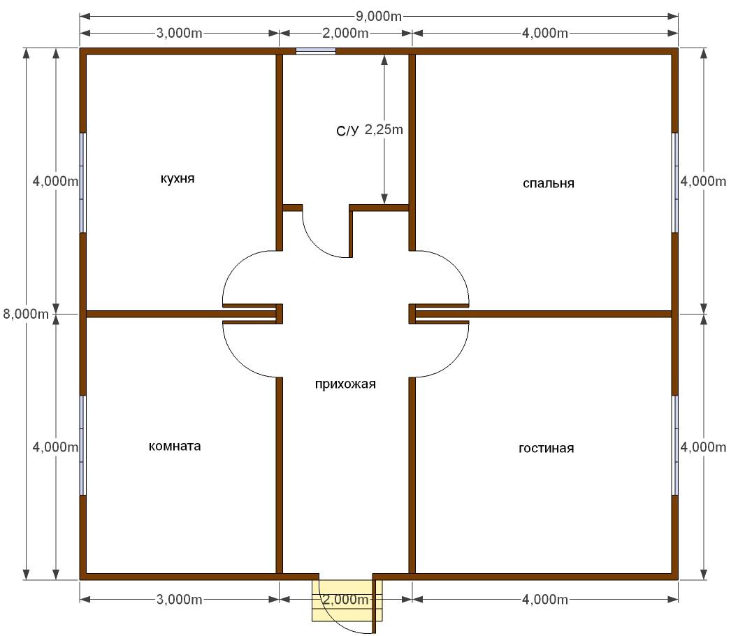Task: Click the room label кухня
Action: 178,179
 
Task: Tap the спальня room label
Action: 549,183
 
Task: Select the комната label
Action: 175,446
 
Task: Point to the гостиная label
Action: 546,448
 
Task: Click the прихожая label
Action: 345,384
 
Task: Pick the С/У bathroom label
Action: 347,131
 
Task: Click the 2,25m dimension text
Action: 384,129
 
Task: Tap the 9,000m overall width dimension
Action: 378,17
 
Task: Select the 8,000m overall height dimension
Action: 26,314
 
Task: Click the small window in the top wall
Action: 316,51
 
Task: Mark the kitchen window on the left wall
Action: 83,182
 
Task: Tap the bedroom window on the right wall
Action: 674,182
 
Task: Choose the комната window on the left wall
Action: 83,445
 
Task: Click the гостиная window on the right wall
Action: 674,445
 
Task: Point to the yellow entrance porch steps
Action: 347,600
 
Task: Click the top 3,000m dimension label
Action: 179,33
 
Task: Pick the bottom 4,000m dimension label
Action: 545,599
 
